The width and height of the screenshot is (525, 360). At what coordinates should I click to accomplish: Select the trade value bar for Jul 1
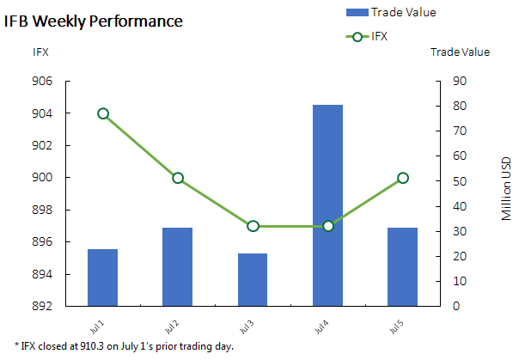point(102,277)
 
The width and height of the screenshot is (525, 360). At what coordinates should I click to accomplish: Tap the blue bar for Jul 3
point(253,279)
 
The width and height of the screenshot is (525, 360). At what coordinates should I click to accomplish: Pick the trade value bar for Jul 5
point(402,266)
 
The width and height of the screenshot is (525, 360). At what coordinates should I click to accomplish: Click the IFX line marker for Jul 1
point(103,113)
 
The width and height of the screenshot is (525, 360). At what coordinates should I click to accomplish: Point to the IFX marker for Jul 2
point(178,178)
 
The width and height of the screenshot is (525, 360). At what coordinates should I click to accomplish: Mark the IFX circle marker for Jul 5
point(403,178)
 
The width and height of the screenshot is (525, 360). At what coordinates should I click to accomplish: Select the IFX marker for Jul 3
point(253,226)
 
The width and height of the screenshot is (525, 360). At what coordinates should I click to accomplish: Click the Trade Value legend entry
point(403,12)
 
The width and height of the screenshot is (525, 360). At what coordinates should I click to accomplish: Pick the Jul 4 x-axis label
point(321,328)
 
